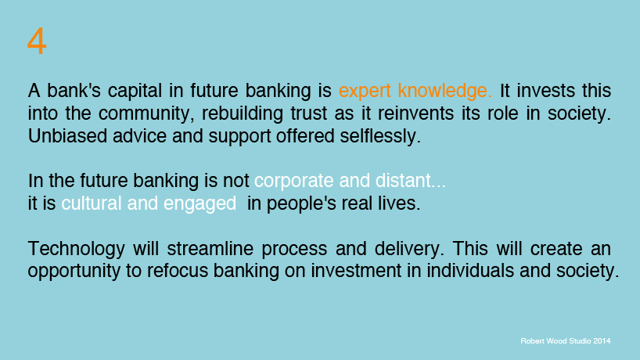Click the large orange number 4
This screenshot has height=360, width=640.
[x=37, y=41]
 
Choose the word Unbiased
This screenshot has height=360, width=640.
[x=67, y=136]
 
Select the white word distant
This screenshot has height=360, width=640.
[x=413, y=182]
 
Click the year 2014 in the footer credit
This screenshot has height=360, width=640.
[x=600, y=341]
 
